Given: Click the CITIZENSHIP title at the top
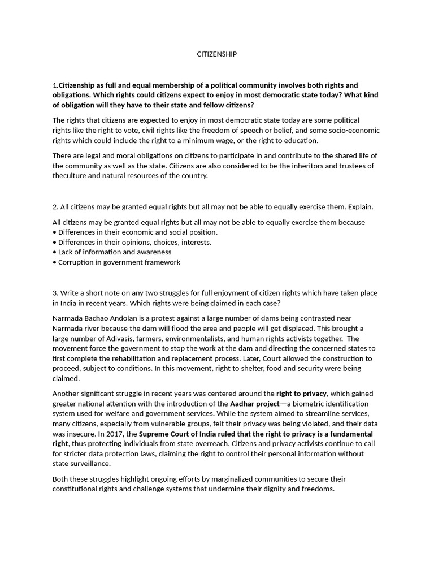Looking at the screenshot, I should [216, 54].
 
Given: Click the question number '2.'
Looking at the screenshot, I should [55, 207].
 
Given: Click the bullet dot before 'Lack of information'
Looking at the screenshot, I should [54, 252].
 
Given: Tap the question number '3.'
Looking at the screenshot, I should [55, 293].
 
